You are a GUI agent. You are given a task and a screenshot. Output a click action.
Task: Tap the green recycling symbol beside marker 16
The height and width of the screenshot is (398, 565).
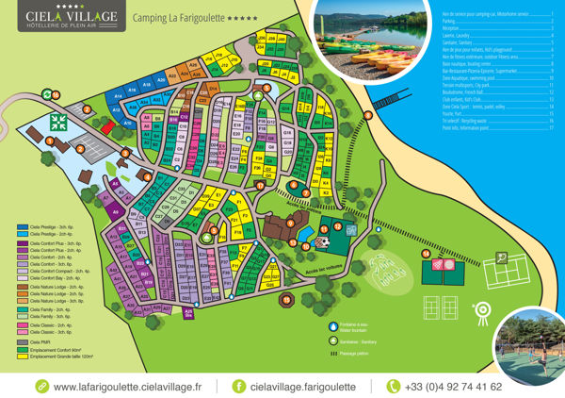tap(46, 94)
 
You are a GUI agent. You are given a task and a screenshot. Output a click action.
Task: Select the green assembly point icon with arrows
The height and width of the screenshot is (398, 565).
tap(58, 122)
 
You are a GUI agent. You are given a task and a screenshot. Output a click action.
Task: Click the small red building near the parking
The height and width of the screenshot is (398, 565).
tap(108, 125)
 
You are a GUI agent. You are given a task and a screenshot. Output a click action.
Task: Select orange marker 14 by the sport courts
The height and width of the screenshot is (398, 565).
tap(425, 254)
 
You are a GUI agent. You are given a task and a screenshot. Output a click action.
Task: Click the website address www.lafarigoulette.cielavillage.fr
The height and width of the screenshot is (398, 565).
tap(128, 387)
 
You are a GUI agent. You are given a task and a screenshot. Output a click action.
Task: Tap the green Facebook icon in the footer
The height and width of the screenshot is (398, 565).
tap(238, 387)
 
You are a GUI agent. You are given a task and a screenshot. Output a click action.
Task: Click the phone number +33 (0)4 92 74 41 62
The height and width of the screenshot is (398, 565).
tap(452, 387)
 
